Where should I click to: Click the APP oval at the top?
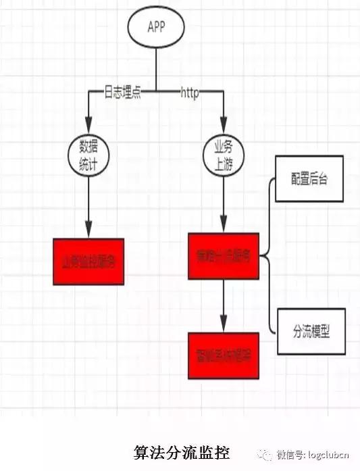click(156, 26)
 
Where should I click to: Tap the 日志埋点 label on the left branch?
click(122, 93)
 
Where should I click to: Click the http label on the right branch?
click(189, 93)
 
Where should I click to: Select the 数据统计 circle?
click(89, 155)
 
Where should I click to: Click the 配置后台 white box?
click(309, 179)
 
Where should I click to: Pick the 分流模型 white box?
click(311, 332)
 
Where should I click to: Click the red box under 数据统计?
click(88, 262)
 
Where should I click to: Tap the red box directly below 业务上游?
click(224, 256)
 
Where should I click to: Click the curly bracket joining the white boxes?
click(269, 256)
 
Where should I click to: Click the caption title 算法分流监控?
click(182, 452)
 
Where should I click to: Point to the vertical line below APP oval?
click(156, 68)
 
